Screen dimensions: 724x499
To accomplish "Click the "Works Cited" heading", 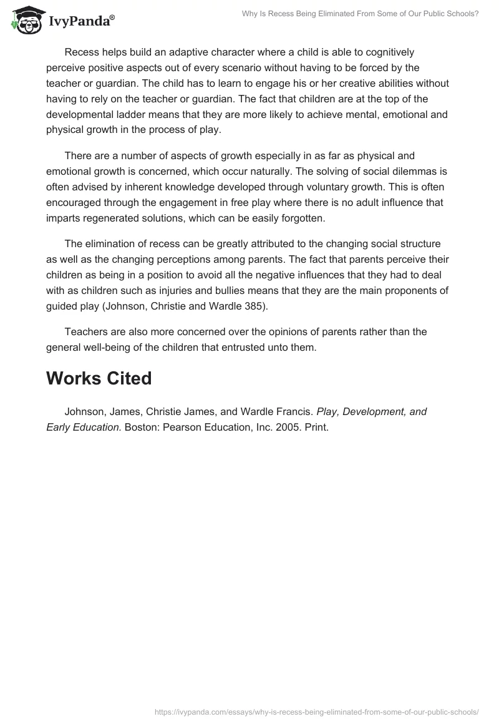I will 99,378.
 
